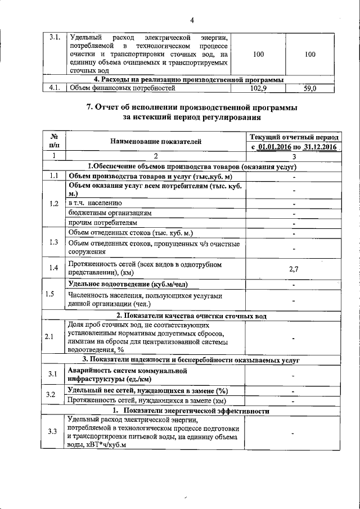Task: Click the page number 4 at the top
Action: point(192,21)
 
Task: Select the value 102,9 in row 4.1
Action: point(259,88)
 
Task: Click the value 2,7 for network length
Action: point(293,269)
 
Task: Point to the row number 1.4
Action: point(54,268)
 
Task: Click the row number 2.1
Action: point(54,337)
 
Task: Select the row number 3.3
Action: point(54,431)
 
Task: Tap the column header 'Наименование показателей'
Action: point(155,142)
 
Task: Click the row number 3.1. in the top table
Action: point(55,38)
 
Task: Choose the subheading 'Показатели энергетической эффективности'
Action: point(196,411)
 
